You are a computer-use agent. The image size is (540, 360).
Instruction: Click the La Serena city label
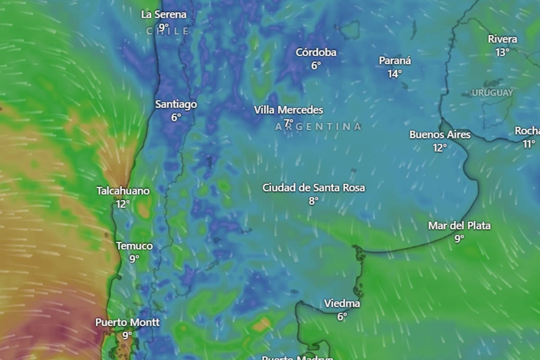coord(164,14)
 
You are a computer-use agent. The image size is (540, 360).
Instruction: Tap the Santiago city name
coord(176,104)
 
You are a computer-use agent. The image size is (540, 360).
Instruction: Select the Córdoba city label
coord(316,53)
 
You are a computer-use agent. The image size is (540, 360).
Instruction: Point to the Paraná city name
coord(395,61)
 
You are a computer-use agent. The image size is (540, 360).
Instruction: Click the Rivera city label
coord(503,39)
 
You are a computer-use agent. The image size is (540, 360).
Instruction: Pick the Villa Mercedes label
coord(288,110)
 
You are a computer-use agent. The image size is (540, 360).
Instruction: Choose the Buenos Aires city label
coord(440,135)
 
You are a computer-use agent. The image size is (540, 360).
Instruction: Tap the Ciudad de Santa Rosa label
coord(314,188)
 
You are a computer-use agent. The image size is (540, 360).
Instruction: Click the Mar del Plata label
coord(459,225)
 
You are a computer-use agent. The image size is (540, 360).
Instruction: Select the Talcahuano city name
coord(123,191)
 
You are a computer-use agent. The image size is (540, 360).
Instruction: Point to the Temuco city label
coord(134,246)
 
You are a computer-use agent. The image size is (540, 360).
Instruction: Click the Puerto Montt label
coord(127,322)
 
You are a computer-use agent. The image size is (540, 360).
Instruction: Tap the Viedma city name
coord(342,304)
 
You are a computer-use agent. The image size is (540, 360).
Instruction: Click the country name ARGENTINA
coord(318,126)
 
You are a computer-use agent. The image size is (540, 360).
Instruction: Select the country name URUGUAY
coord(492,93)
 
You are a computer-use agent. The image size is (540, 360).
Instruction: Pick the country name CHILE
coord(167,31)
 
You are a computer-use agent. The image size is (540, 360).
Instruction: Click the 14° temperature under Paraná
coord(395,74)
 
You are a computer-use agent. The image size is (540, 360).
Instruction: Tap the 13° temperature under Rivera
coord(502,52)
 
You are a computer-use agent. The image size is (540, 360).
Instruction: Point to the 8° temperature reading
coord(314,201)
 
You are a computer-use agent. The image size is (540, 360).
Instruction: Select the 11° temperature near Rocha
coord(529,144)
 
